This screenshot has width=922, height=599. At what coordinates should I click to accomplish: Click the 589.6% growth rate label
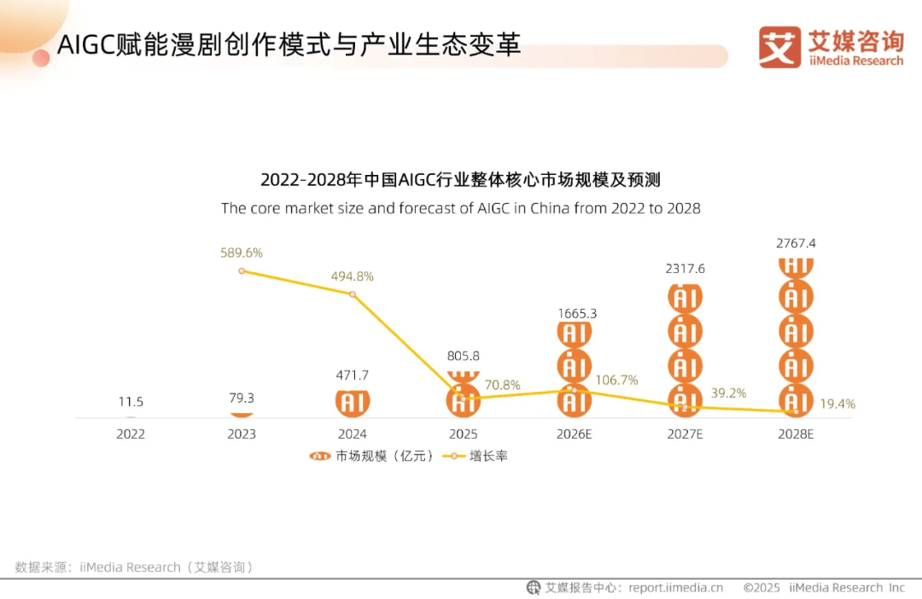pyautogui.click(x=242, y=253)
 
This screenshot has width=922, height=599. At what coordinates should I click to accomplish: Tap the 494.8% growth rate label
pyautogui.click(x=353, y=276)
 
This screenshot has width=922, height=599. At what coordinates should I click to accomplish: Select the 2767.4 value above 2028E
pyautogui.click(x=796, y=243)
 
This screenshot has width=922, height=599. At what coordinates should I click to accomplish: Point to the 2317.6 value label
pyautogui.click(x=685, y=269)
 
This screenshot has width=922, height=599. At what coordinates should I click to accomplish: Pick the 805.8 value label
pyautogui.click(x=464, y=356)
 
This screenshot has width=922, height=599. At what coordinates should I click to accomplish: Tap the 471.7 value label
pyautogui.click(x=353, y=375)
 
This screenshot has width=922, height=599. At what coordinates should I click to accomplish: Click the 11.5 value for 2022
pyautogui.click(x=131, y=401)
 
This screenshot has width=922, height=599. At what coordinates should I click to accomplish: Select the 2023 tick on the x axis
pyautogui.click(x=242, y=433)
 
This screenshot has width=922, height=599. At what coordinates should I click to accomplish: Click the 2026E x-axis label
pyautogui.click(x=575, y=433)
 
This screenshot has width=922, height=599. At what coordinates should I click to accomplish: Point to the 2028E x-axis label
pyautogui.click(x=796, y=433)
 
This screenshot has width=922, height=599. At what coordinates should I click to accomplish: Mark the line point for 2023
pyautogui.click(x=242, y=270)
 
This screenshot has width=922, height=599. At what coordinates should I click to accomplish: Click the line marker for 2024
pyautogui.click(x=353, y=294)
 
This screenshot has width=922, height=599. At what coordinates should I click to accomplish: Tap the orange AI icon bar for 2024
pyautogui.click(x=353, y=402)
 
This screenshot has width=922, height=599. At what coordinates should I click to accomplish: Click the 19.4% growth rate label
pyautogui.click(x=837, y=404)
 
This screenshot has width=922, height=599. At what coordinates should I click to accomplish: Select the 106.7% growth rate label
pyautogui.click(x=616, y=380)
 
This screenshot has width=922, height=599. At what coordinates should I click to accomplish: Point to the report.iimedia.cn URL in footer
pyautogui.click(x=675, y=587)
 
